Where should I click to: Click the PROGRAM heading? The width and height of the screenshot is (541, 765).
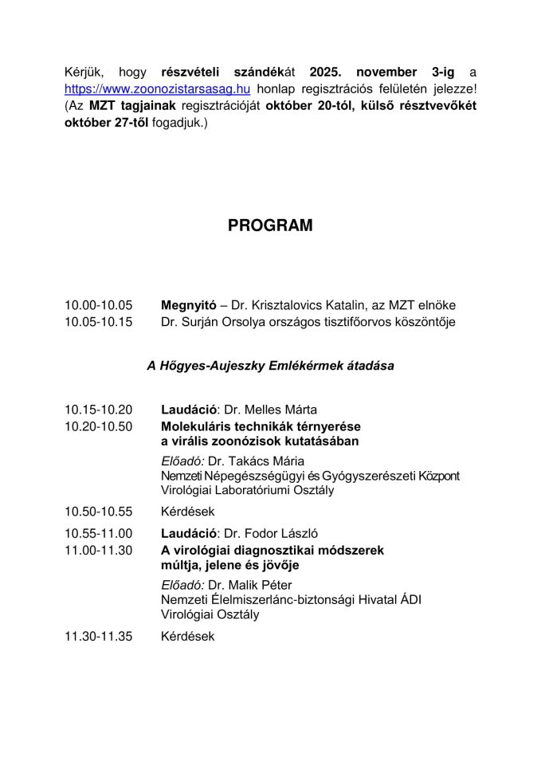point(270,226)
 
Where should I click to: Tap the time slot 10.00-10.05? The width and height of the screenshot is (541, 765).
point(99,305)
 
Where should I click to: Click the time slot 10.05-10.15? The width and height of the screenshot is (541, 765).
point(99,322)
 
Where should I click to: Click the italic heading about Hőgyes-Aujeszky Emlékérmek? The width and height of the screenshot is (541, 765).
point(270,366)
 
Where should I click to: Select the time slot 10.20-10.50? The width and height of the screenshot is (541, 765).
point(99,426)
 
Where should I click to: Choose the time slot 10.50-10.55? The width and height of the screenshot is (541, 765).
point(99,511)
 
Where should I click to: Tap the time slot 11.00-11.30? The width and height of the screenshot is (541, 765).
point(99,550)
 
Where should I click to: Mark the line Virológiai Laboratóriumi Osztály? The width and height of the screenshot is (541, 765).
point(247,490)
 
